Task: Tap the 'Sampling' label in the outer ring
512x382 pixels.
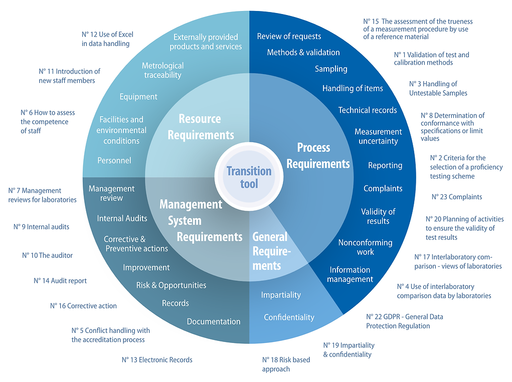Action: point(331,69)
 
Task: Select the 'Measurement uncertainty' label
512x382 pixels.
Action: point(378,136)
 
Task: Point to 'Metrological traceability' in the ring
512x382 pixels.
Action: point(162,70)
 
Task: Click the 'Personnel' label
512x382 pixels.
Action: point(114,160)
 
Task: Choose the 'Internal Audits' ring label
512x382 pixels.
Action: point(122,218)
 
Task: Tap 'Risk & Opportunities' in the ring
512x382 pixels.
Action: point(171,285)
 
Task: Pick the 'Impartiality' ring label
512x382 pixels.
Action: point(281,295)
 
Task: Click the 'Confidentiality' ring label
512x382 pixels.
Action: point(289,317)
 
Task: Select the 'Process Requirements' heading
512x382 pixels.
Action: point(318,156)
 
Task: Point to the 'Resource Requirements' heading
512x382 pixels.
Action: point(201,127)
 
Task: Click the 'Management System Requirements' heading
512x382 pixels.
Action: point(201,221)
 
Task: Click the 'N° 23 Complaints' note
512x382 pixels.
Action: point(457,197)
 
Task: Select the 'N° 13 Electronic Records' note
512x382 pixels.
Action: point(157,360)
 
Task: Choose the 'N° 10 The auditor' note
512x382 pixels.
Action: point(47,255)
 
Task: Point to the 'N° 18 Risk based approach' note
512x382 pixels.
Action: point(286,364)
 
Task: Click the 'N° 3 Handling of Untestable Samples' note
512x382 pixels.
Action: point(438,88)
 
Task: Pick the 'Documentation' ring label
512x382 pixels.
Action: point(214,321)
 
